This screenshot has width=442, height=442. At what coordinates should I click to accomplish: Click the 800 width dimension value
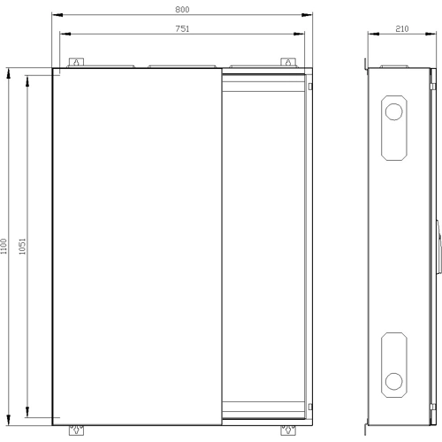(x=182, y=10)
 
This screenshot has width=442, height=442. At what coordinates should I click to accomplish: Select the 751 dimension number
(x=182, y=28)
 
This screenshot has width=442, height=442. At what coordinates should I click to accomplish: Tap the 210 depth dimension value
(x=402, y=28)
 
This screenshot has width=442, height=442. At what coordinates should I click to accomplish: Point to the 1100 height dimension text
(x=4, y=247)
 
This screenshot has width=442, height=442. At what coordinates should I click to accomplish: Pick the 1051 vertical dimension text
(x=22, y=247)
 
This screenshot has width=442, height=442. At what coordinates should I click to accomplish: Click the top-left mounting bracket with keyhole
(x=76, y=63)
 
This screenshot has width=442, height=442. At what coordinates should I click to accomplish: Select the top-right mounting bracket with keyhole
(x=288, y=63)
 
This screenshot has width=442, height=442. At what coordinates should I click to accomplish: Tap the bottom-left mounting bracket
(x=76, y=431)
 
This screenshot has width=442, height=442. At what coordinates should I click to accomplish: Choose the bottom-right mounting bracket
(x=288, y=431)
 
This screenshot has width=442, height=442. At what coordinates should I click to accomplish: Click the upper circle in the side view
(x=394, y=111)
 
